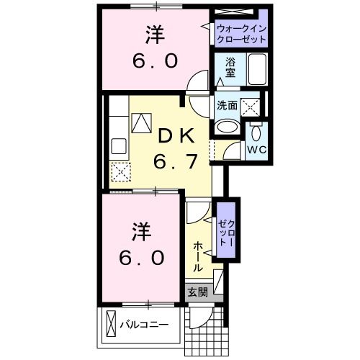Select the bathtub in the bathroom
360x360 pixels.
click(257, 71)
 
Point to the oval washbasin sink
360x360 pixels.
click(228, 125)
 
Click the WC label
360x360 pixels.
click(256, 149)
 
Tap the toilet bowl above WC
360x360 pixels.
click(257, 131)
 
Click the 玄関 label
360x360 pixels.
click(197, 292)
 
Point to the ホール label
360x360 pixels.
click(199, 256)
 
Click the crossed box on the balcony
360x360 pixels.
click(113, 324)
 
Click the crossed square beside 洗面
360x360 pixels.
click(250, 107)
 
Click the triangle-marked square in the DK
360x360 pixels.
click(141, 124)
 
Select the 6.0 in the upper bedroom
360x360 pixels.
click(153, 61)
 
